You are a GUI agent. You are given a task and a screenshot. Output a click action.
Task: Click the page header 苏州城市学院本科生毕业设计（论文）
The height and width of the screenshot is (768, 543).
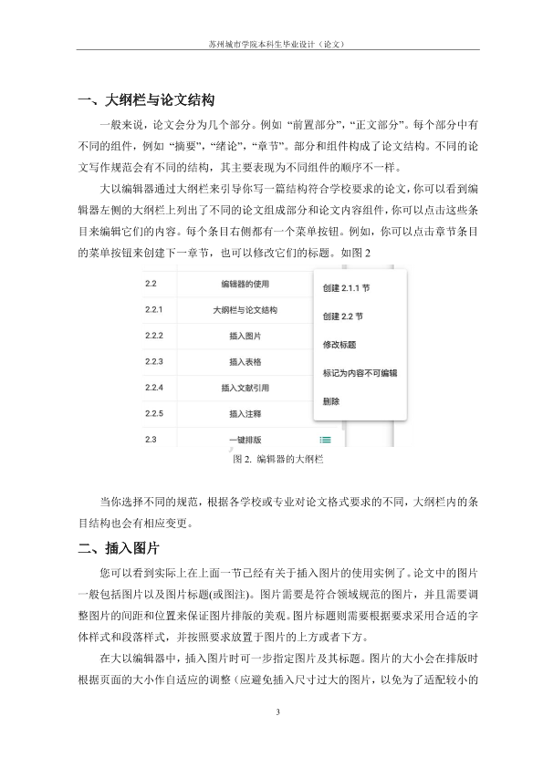tap(271, 42)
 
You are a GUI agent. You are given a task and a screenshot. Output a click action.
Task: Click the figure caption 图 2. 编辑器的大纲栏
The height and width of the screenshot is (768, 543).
tap(271, 461)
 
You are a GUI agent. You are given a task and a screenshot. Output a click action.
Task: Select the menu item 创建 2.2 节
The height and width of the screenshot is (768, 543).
tap(343, 317)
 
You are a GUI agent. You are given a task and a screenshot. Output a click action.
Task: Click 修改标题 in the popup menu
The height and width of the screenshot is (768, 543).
tap(339, 345)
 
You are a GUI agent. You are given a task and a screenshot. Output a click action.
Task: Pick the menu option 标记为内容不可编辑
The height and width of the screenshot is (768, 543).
tap(360, 373)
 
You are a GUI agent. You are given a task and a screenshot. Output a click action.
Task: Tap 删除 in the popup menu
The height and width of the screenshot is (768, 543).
tap(331, 401)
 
